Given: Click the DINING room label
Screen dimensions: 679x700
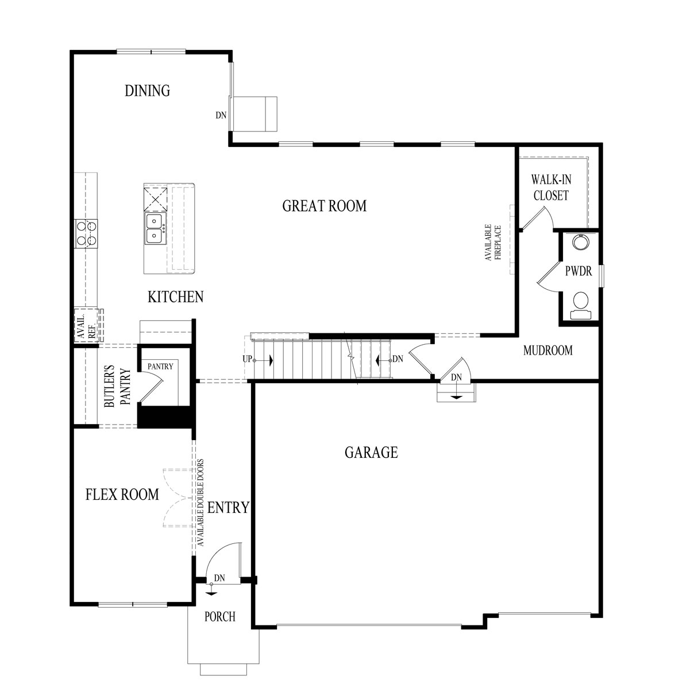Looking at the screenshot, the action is click(147, 91).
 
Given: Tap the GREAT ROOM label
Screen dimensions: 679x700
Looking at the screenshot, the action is click(324, 206).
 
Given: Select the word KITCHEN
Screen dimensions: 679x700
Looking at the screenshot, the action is click(176, 297).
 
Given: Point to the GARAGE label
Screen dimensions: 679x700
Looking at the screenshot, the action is click(371, 452).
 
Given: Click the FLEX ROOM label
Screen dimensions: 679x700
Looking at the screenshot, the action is click(122, 495).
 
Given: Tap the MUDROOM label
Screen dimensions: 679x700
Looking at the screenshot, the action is click(547, 351).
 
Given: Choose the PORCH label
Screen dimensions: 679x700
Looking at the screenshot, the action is click(220, 617).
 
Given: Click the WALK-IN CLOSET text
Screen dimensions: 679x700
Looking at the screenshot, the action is click(551, 188).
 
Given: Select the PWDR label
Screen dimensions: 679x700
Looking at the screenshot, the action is click(578, 271).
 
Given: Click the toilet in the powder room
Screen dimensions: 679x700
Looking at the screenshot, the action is click(581, 305).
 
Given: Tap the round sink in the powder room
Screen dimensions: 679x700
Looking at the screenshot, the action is click(581, 242).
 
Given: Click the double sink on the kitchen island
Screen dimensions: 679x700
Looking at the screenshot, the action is click(155, 228).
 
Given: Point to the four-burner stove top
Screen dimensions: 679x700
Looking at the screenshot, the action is click(86, 234).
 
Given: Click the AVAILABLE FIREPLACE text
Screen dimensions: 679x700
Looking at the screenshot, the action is click(493, 243).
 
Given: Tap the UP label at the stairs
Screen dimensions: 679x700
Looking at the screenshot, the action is click(247, 359).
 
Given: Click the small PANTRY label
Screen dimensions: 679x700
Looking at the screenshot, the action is click(160, 366).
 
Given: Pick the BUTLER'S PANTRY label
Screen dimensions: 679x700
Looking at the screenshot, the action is click(117, 386).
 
